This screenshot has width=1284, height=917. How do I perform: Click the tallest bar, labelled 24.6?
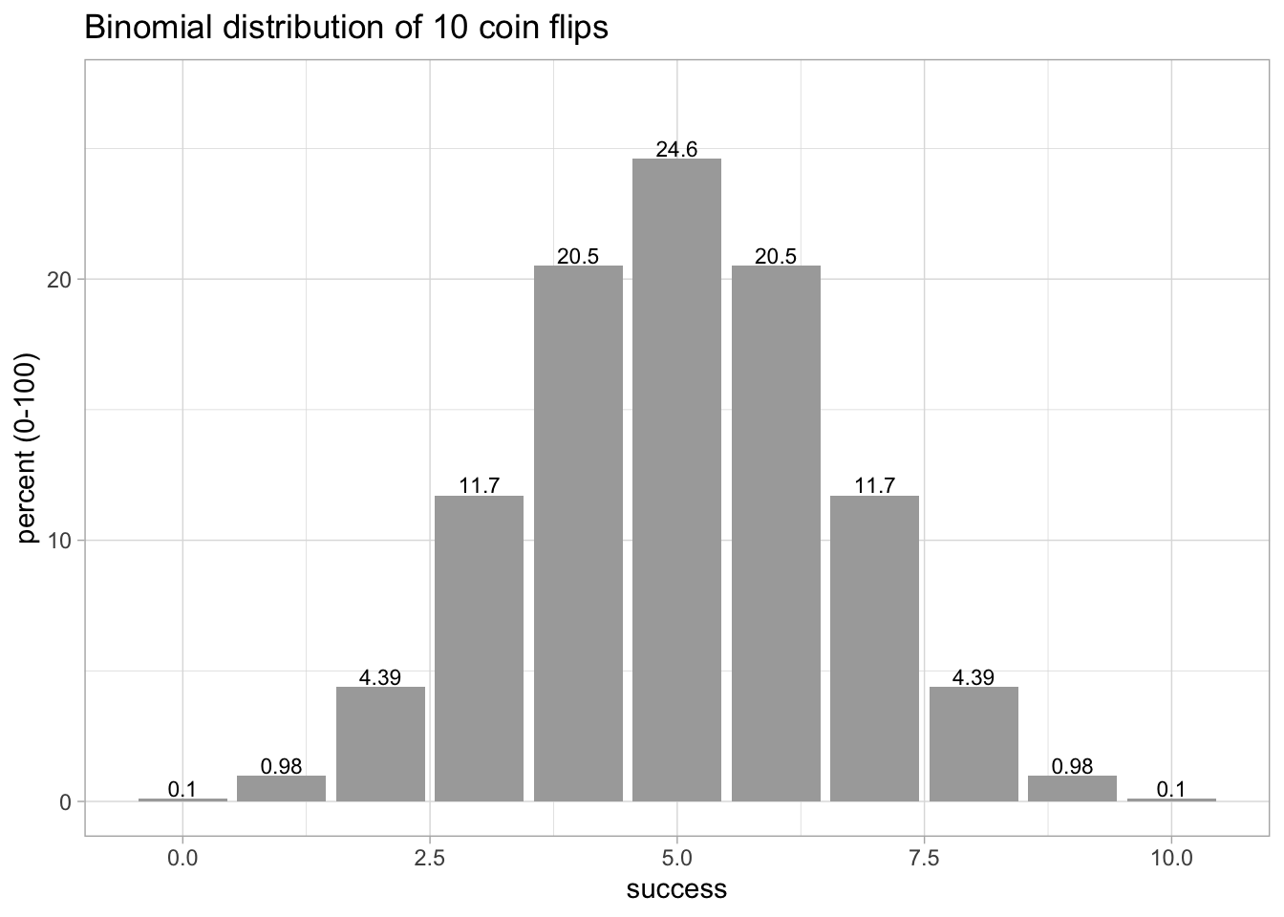tap(676, 478)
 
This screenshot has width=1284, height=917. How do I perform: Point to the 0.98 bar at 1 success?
tap(281, 788)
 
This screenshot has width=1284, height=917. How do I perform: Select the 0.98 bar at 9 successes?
tap(1072, 788)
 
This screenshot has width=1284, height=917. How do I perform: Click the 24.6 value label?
tap(676, 149)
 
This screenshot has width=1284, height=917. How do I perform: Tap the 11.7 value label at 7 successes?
tap(874, 485)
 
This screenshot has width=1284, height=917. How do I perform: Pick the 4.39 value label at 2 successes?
tap(380, 677)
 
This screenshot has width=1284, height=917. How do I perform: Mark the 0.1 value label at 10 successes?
tap(1171, 789)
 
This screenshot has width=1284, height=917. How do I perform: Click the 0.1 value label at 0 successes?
tap(182, 789)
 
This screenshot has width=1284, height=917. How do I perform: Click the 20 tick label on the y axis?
tap(60, 279)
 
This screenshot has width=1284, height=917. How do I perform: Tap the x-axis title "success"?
tap(676, 890)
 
